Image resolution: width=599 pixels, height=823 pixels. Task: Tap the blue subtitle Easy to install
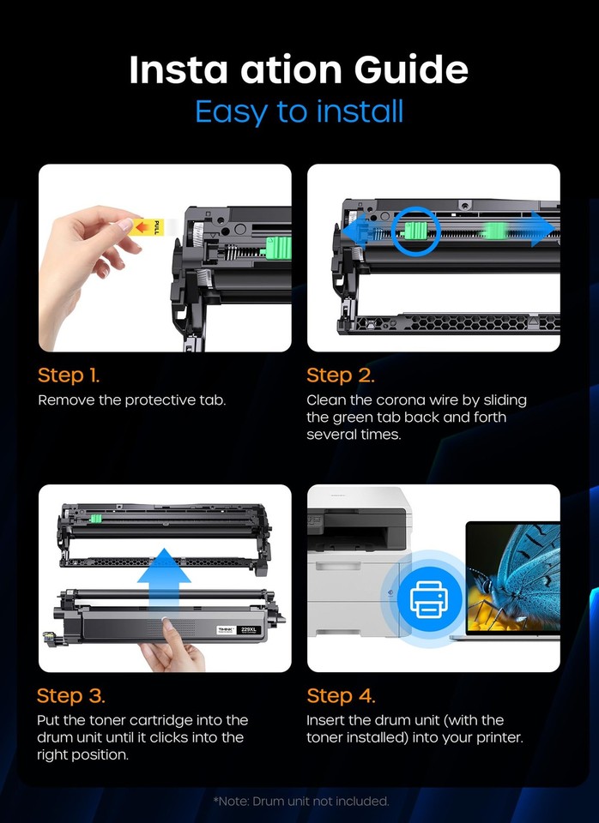299,111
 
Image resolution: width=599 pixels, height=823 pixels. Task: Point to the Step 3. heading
71,695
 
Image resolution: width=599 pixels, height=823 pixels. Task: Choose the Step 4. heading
341,695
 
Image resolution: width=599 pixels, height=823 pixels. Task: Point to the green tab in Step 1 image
279,249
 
